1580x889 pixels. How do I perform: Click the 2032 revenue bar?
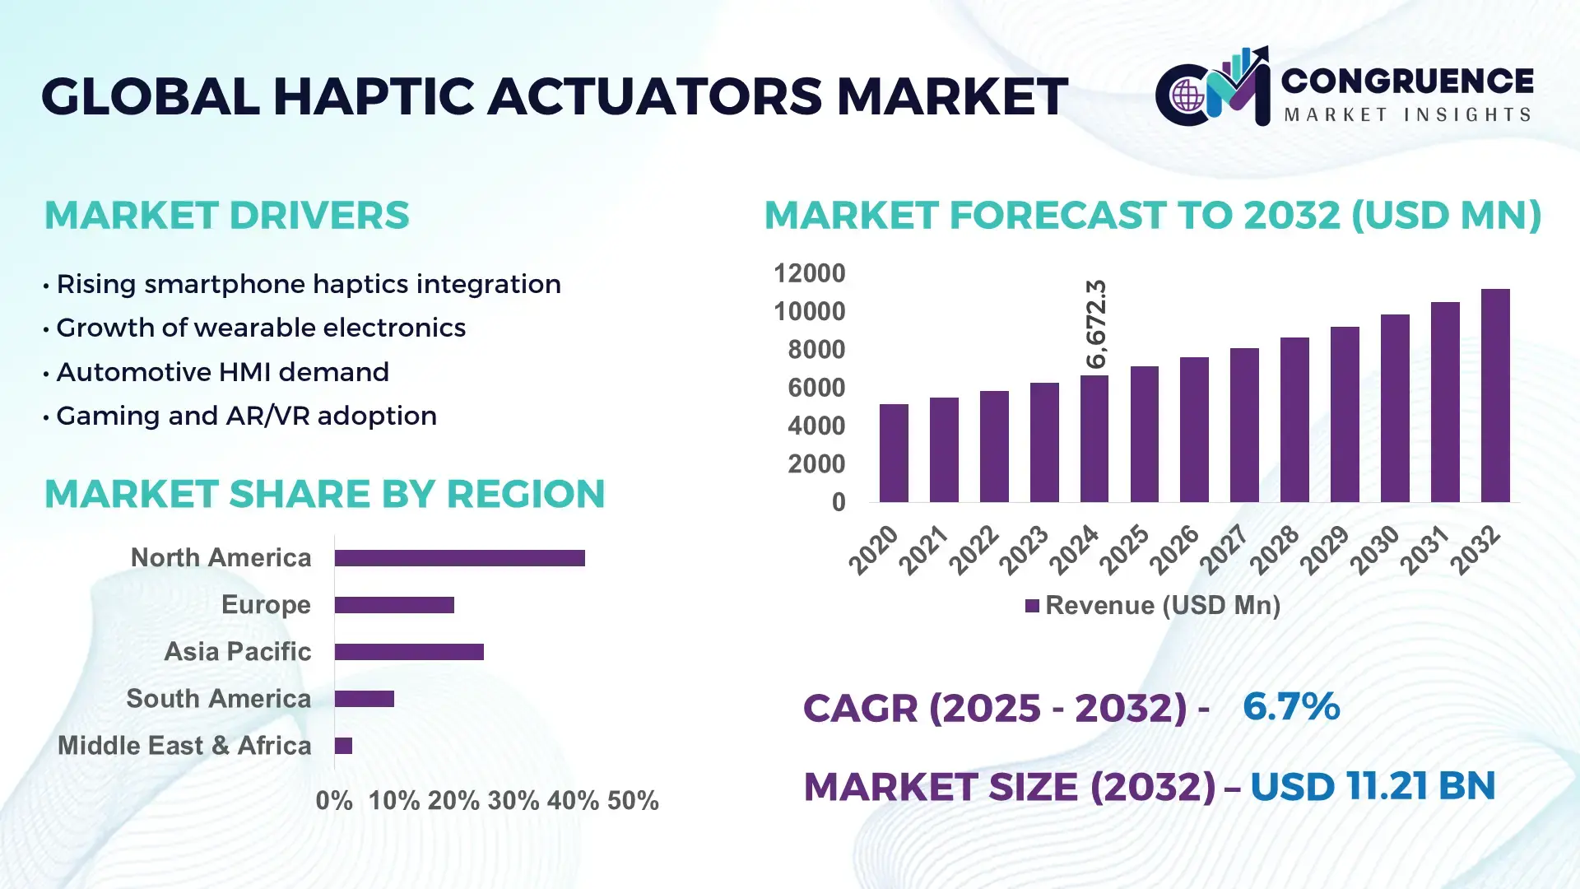tap(1494, 395)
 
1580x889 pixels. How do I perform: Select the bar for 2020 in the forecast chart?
tap(894, 453)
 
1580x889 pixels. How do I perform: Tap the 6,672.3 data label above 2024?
tap(1096, 323)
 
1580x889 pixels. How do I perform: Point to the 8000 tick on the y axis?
tap(816, 350)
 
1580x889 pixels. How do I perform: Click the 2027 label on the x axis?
tap(1224, 549)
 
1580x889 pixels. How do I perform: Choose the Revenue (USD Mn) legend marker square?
tap(1032, 606)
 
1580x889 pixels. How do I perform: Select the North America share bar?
tap(459, 558)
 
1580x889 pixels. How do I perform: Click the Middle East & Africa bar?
tap(343, 746)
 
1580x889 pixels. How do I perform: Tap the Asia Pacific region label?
tap(237, 651)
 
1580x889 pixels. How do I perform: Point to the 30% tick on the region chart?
tap(513, 800)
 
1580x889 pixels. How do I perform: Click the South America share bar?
tap(364, 699)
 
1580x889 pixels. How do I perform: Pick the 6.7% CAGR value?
tap(1290, 706)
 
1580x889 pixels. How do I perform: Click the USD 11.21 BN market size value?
tap(1372, 786)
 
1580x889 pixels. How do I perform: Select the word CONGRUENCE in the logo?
tap(1406, 81)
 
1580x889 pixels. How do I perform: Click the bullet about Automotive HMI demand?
tap(222, 372)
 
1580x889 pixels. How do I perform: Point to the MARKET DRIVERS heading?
tap(226, 216)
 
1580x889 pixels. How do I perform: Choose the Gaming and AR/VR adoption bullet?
tap(246, 416)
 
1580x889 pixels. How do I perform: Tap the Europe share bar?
tap(394, 605)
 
